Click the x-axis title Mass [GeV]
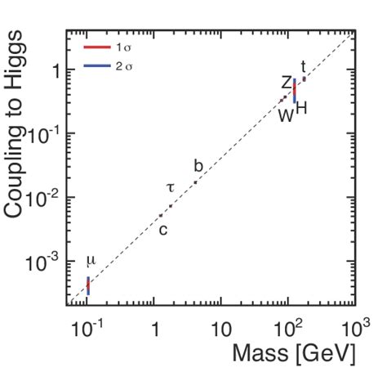pyautogui.click(x=293, y=354)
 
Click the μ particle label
pyautogui.click(x=91, y=261)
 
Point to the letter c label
pyautogui.click(x=162, y=230)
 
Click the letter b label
pyautogui.click(x=198, y=166)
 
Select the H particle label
pyautogui.click(x=301, y=110)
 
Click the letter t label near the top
pyautogui.click(x=304, y=66)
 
